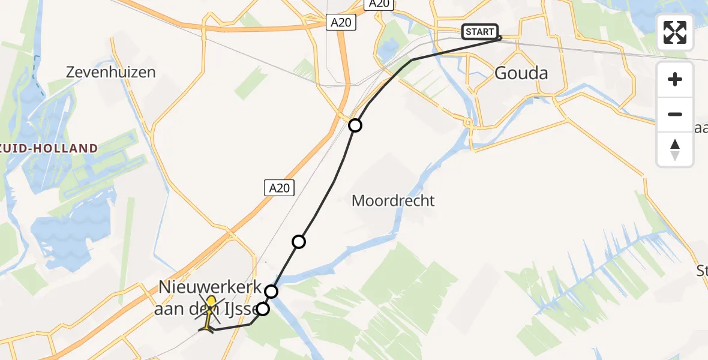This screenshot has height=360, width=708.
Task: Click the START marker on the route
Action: [479, 32]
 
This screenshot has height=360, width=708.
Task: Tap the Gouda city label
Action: [521, 73]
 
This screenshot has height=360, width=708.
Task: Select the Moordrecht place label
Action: [393, 201]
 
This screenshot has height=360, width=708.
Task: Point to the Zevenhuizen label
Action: [111, 73]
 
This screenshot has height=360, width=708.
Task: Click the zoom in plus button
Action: [675, 79]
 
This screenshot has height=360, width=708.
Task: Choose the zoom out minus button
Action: [675, 114]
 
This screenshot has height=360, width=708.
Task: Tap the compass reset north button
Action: [675, 149]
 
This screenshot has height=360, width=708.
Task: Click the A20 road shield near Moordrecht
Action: [279, 188]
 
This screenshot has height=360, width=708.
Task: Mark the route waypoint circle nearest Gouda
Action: [355, 125]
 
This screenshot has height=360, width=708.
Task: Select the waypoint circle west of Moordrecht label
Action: [298, 242]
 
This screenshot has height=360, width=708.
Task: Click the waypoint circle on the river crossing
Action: [272, 292]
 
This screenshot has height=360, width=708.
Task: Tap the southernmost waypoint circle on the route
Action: [263, 310]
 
